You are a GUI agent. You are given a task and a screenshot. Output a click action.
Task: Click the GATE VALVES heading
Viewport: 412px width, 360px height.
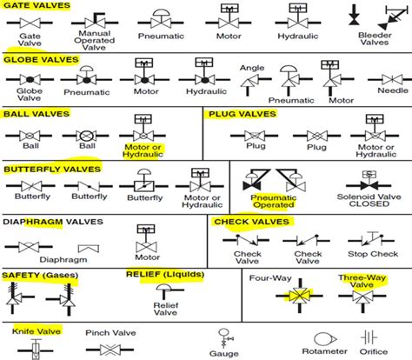pyautogui.click(x=37, y=5)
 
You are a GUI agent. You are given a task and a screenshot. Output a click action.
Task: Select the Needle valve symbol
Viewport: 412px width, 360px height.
pyautogui.click(x=392, y=79)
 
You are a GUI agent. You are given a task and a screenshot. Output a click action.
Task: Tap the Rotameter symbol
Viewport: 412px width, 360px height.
pyautogui.click(x=325, y=339)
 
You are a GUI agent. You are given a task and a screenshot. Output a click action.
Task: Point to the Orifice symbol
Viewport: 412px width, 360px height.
pyautogui.click(x=369, y=337)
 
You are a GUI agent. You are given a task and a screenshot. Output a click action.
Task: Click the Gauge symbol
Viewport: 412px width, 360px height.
pyautogui.click(x=224, y=338)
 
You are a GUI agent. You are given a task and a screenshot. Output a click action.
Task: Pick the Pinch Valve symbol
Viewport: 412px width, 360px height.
pyautogui.click(x=110, y=350)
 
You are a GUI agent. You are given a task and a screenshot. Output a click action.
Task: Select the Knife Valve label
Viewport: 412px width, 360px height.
pyautogui.click(x=37, y=331)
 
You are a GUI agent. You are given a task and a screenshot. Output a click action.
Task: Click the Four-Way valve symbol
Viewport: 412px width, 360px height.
pyautogui.click(x=300, y=296)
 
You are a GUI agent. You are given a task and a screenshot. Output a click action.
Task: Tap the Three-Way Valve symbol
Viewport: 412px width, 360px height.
pyautogui.click(x=362, y=297)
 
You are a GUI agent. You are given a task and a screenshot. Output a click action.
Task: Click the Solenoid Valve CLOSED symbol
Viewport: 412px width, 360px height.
pyautogui.click(x=369, y=181)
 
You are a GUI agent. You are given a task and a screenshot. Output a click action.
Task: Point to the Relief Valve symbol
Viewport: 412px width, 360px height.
pyautogui.click(x=169, y=291)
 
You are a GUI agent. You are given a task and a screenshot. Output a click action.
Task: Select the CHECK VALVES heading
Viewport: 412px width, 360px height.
pyautogui.click(x=252, y=222)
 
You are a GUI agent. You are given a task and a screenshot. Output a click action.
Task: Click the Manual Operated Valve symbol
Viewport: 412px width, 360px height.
pyautogui.click(x=95, y=21)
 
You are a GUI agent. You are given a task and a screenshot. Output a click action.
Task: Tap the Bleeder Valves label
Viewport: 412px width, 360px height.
pyautogui.click(x=375, y=39)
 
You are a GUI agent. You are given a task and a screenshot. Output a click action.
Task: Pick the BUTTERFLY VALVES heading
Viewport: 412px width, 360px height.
pyautogui.click(x=52, y=170)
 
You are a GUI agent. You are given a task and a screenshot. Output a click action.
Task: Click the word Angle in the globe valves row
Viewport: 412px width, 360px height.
pyautogui.click(x=252, y=68)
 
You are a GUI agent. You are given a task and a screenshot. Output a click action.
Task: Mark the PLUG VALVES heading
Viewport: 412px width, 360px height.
pyautogui.click(x=243, y=114)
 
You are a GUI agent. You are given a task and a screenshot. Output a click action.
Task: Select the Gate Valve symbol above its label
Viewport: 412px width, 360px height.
pyautogui.click(x=30, y=23)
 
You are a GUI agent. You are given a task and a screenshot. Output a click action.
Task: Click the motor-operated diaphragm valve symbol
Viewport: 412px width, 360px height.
pyautogui.click(x=146, y=238)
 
